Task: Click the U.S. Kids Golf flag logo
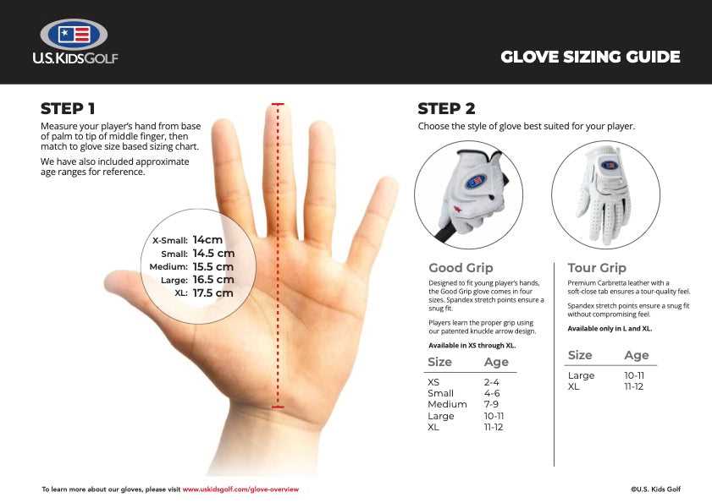75,35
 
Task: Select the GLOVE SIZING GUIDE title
590,57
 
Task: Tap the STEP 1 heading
68,108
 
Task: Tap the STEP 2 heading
446,108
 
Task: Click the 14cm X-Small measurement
207,239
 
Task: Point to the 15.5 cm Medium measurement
212,266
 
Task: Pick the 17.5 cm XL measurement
212,293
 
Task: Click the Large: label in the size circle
174,280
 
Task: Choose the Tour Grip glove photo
604,194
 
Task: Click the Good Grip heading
461,268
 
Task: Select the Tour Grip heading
597,268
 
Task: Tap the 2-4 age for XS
492,382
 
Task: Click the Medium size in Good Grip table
447,404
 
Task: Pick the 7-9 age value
491,404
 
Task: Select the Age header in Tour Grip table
636,355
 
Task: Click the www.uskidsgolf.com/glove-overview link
240,489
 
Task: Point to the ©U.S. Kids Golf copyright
655,489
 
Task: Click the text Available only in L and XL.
610,328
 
